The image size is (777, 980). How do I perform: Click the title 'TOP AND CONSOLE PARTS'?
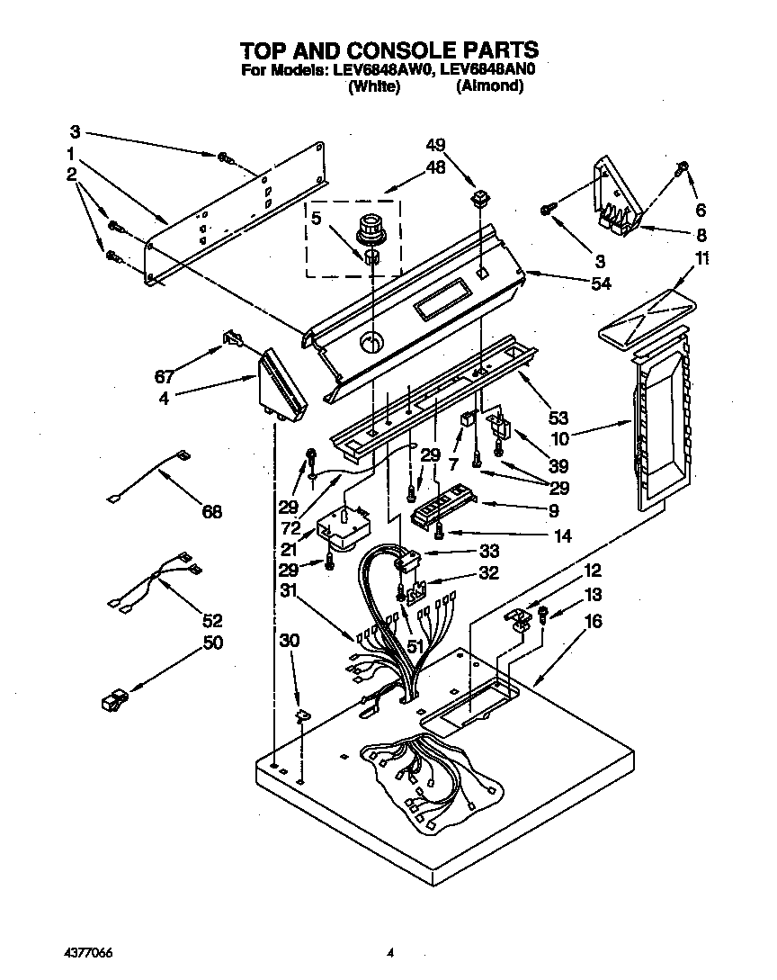pos(388,49)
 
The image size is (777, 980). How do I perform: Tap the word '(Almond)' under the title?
pos(489,86)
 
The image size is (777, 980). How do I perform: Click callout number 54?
pos(600,283)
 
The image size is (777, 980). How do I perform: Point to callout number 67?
pos(164,376)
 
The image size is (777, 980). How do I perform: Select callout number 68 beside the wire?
pos(212,512)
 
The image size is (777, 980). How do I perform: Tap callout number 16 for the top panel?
pos(594,622)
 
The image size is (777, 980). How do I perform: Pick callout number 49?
pos(435,145)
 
